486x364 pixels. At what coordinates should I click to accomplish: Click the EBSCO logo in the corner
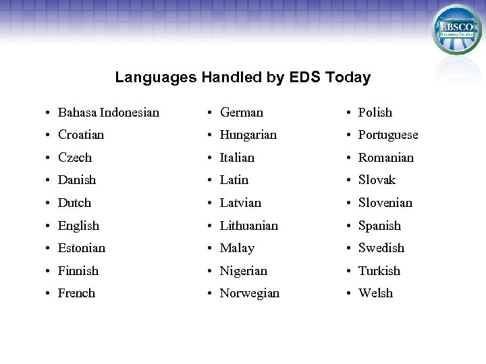(x=456, y=30)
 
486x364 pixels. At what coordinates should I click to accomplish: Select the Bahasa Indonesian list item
(x=109, y=113)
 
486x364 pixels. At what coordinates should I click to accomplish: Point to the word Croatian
(x=81, y=135)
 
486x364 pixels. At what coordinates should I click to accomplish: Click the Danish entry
(x=77, y=180)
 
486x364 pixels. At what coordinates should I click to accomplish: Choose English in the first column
(x=78, y=226)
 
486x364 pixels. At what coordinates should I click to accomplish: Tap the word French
(x=76, y=293)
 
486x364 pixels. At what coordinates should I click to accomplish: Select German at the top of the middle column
(x=242, y=113)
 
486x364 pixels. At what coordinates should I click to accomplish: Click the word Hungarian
(x=248, y=135)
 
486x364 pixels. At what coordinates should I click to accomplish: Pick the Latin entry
(x=234, y=180)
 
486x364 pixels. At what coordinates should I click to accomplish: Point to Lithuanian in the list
(x=249, y=226)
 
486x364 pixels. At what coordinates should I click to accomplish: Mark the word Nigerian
(x=244, y=271)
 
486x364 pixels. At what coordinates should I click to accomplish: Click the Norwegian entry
(x=250, y=293)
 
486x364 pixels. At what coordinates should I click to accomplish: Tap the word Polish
(x=375, y=113)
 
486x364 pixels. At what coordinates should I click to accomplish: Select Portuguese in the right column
(x=388, y=135)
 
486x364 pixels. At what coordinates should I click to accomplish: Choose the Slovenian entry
(x=385, y=203)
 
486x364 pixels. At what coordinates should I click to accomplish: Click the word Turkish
(x=379, y=271)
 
